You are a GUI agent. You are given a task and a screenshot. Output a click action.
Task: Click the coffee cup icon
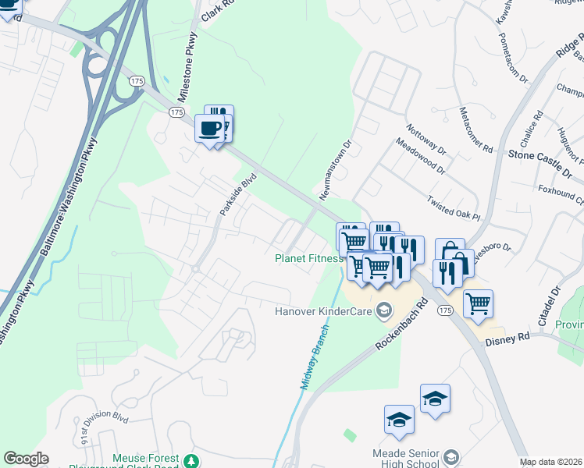(x=209, y=127)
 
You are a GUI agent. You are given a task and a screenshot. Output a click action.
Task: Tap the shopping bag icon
(x=450, y=253)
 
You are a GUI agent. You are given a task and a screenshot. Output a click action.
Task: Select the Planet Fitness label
(x=308, y=258)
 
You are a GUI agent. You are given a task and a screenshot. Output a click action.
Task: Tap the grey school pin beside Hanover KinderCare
(x=383, y=311)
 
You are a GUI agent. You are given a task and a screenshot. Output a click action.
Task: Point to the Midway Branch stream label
(x=315, y=358)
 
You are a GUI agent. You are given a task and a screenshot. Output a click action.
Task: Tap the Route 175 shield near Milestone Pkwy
(x=176, y=112)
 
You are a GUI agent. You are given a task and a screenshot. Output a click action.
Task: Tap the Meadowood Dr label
(x=421, y=156)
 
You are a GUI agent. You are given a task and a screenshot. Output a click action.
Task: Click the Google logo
(x=26, y=459)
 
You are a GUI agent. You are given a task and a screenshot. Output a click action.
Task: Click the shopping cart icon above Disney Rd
(x=478, y=303)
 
